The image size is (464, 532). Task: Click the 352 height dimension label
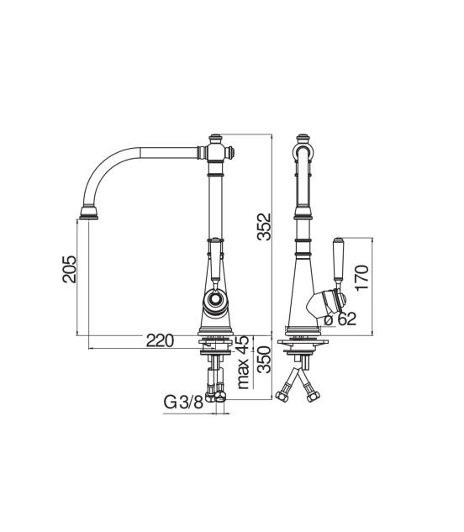[x=264, y=227]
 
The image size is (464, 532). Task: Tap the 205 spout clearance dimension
[x=69, y=270]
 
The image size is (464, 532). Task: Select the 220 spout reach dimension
[x=160, y=340]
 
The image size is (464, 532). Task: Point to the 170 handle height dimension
[x=361, y=277]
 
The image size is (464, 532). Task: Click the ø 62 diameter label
[x=340, y=319]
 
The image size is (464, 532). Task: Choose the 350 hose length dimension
[x=265, y=360]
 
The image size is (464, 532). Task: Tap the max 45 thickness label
[x=244, y=362]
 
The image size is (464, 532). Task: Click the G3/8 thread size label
[x=183, y=403]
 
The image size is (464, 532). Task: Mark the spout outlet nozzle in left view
[x=89, y=212]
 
